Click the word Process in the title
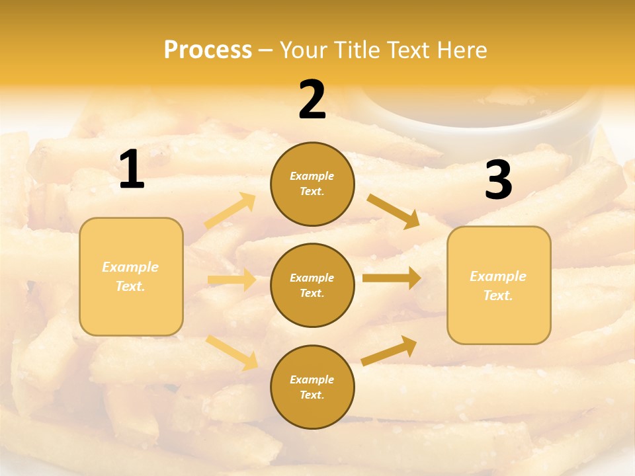(x=208, y=50)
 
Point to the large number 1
(x=132, y=170)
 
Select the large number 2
(x=312, y=100)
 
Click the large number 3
(x=499, y=180)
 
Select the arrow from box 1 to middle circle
(x=232, y=280)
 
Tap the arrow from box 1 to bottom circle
(x=232, y=352)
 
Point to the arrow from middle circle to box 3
(x=392, y=278)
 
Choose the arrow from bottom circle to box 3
(x=389, y=350)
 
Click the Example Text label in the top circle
(x=312, y=184)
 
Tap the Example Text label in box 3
(x=499, y=286)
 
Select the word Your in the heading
(x=303, y=50)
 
